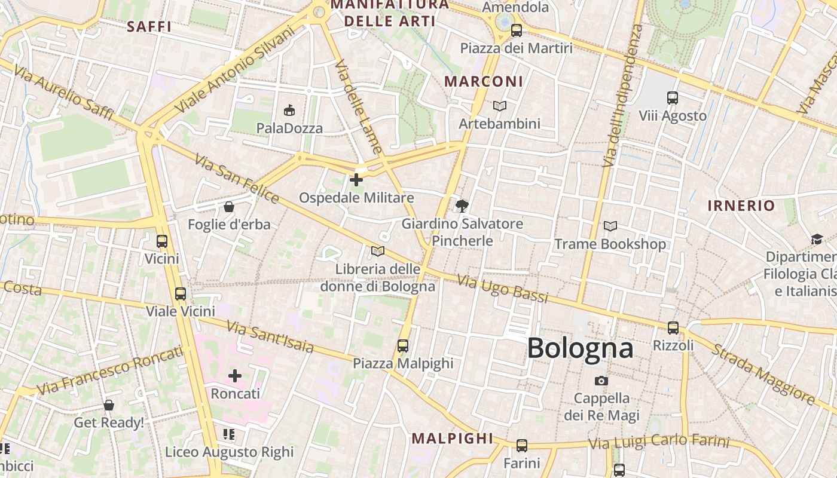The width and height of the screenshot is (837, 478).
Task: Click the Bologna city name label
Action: [x=580, y=348]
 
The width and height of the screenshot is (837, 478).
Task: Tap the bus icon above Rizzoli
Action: [x=673, y=327]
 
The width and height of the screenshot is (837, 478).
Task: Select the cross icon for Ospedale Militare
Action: [x=356, y=179]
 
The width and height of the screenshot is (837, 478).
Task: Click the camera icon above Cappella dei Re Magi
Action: [x=601, y=381]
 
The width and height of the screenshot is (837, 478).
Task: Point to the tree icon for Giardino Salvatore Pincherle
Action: [x=462, y=206]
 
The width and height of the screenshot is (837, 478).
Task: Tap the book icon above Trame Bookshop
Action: [x=610, y=226]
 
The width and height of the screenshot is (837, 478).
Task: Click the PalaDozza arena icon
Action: [x=289, y=110]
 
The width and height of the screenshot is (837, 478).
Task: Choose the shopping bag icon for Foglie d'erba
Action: [x=228, y=207]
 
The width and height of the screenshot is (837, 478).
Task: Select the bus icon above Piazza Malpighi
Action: [x=403, y=345]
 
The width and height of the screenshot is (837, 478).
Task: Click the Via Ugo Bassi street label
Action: [x=502, y=289]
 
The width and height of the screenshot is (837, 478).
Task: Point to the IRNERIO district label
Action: [x=741, y=206]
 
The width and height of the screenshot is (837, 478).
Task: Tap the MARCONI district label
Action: [x=484, y=81]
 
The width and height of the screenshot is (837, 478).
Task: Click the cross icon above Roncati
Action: [x=235, y=376]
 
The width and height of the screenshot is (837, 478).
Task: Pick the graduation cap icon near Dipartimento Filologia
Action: [x=817, y=240]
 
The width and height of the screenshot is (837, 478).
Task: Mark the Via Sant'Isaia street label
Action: [x=270, y=336]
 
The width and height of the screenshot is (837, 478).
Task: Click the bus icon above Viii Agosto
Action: [x=673, y=97]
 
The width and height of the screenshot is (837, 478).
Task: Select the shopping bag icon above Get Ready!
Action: [x=109, y=405]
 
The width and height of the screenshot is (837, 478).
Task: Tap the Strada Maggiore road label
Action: [x=762, y=373]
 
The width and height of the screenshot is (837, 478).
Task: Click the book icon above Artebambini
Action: [x=500, y=106]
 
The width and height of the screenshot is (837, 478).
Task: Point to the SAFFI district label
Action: [x=149, y=26]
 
